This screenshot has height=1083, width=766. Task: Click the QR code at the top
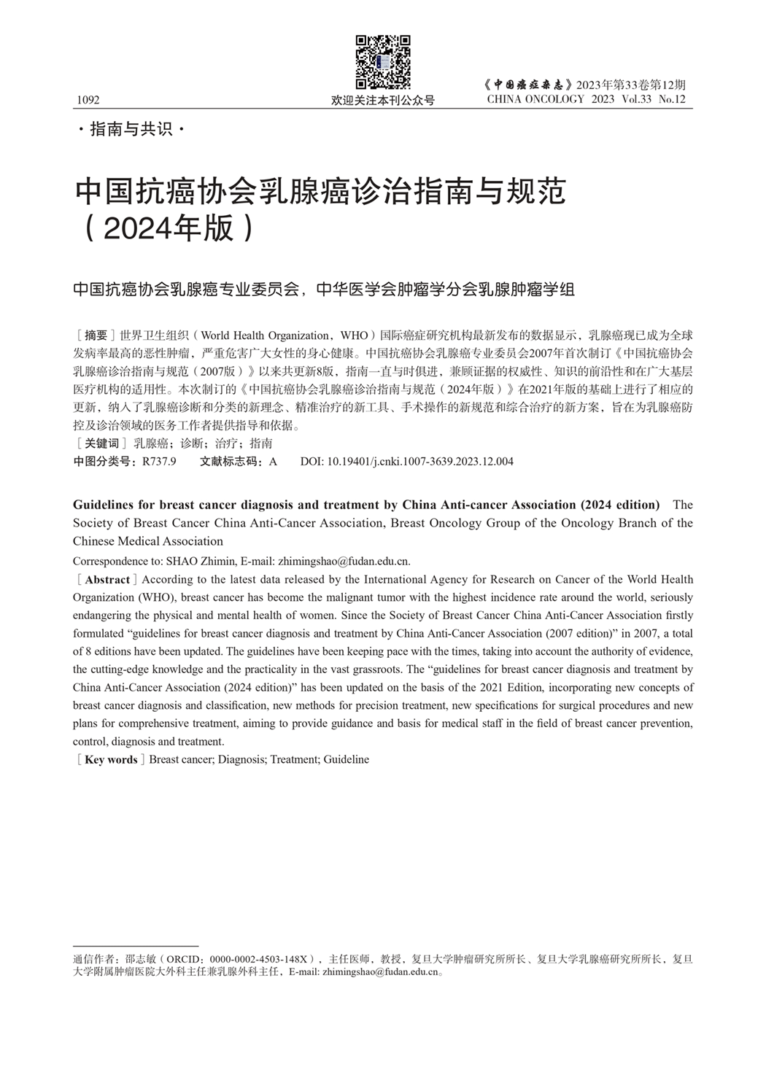coord(383,62)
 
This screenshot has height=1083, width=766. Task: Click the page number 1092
coord(87,100)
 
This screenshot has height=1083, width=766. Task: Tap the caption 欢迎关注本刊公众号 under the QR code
coord(383,101)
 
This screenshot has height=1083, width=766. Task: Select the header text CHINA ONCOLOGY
coord(535,99)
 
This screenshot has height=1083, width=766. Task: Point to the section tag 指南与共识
coord(131,130)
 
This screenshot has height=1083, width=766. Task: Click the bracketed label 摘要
coord(96,335)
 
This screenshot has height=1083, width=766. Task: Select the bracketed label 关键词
coord(101,443)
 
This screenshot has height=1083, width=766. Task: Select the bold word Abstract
coord(107,580)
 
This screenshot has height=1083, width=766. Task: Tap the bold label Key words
coord(111,760)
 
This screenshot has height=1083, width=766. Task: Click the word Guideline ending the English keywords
coord(347,760)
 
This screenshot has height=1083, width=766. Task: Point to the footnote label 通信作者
coord(94,959)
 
